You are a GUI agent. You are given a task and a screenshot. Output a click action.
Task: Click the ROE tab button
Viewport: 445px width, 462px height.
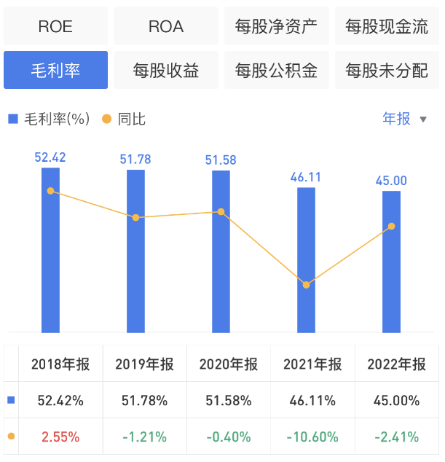[55, 27]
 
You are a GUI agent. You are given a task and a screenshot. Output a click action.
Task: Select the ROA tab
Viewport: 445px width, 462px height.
[166, 27]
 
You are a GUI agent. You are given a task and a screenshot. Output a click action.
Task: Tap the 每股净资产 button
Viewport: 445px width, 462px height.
[277, 27]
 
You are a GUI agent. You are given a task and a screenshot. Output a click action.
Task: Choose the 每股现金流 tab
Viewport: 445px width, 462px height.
[387, 27]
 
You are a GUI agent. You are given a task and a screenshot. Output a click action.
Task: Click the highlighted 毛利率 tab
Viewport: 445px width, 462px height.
[55, 70]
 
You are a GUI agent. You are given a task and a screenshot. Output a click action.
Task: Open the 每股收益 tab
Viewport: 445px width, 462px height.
[166, 70]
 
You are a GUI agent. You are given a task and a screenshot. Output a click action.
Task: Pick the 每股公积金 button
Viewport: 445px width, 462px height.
[277, 70]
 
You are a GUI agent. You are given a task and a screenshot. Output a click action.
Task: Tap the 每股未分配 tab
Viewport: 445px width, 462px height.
[387, 70]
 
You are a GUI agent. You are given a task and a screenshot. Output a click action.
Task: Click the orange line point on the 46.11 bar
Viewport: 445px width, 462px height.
[307, 285]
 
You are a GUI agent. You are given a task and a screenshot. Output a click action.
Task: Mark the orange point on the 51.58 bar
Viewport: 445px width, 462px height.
[221, 212]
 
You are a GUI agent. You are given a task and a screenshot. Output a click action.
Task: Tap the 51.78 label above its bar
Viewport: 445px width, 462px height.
[135, 160]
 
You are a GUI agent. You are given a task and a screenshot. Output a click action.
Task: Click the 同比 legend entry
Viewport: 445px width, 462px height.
[125, 119]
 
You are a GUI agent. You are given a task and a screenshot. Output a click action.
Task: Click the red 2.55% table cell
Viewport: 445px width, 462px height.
[60, 437]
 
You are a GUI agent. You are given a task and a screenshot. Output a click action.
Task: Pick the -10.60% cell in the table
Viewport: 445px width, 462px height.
[313, 437]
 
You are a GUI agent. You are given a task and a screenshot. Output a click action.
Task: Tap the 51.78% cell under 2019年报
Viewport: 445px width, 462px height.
[145, 400]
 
